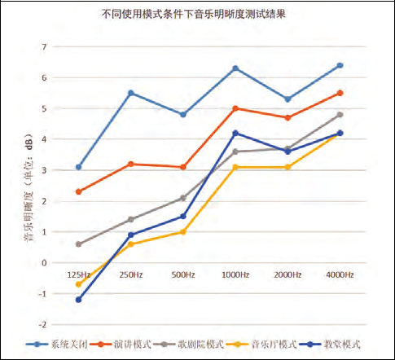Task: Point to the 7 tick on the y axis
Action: click(x=45, y=46)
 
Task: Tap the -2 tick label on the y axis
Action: click(x=43, y=324)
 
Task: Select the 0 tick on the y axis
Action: click(x=45, y=262)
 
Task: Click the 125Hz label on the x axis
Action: click(x=78, y=275)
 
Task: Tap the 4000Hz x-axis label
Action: click(x=340, y=275)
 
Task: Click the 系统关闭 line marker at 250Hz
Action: click(x=130, y=93)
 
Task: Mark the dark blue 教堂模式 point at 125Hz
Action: click(x=78, y=300)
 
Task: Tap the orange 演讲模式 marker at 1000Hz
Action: click(x=235, y=108)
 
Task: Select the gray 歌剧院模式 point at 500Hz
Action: click(x=183, y=198)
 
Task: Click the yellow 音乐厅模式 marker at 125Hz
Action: click(x=78, y=284)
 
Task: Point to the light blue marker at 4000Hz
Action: click(x=340, y=65)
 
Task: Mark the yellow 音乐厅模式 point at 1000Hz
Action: click(x=235, y=167)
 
